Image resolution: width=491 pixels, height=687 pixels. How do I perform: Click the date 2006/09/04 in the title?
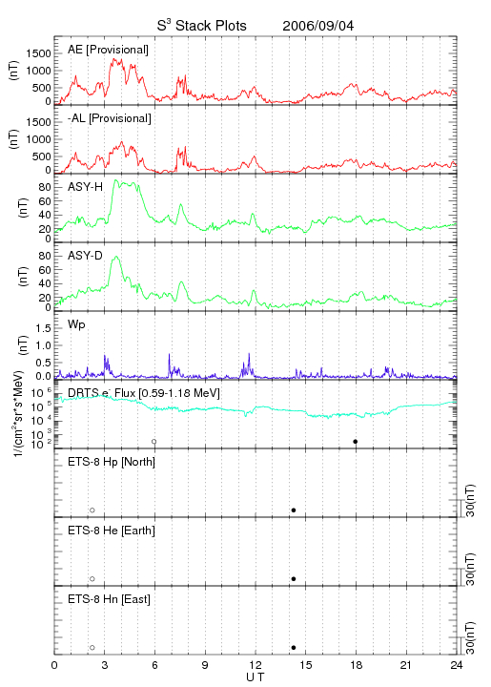tap(317, 26)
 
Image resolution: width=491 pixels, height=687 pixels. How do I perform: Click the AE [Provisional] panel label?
tap(108, 50)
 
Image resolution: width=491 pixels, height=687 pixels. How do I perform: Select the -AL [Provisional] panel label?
tap(110, 118)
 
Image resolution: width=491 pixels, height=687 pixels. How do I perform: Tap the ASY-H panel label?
tap(86, 187)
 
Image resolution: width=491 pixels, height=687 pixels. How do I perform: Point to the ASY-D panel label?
tap(86, 256)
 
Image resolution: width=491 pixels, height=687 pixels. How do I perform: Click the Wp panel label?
tap(76, 324)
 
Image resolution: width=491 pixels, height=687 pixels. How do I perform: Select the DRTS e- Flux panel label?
tap(144, 393)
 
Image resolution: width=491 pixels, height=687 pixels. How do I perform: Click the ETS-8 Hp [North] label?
tap(112, 462)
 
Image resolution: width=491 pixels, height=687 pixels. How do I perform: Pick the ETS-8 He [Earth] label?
tap(112, 531)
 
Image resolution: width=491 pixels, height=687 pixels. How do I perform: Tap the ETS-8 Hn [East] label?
tap(109, 599)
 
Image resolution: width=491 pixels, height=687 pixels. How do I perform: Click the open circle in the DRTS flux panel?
tap(154, 442)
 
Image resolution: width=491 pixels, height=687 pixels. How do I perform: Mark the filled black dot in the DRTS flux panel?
tap(356, 442)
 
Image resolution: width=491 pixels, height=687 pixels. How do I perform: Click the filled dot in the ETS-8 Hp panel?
tap(294, 510)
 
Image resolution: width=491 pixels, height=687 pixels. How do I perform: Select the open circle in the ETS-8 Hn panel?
tap(92, 648)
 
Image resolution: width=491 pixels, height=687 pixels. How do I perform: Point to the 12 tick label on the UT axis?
tap(256, 665)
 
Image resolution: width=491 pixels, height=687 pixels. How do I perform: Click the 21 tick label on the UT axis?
tap(406, 665)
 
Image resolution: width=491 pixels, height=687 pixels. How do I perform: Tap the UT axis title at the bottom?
tap(256, 677)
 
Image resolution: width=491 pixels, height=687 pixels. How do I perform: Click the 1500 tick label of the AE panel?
tap(38, 53)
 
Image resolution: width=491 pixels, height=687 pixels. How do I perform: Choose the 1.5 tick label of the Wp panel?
tap(43, 328)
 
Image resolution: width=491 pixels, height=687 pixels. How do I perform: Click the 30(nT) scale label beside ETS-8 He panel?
tap(470, 569)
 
